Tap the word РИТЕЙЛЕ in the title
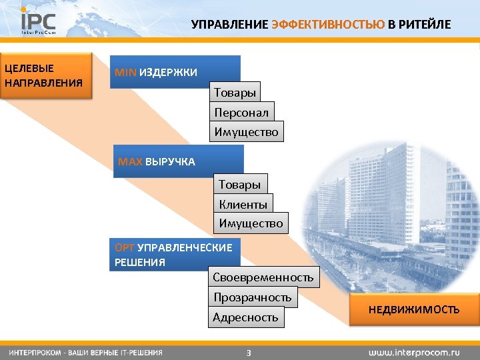[x=425, y=25]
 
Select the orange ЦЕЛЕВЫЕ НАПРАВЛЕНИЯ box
[x=47, y=75]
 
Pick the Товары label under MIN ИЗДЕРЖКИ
[x=235, y=92]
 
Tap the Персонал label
[x=241, y=112]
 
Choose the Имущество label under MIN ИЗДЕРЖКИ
[x=247, y=132]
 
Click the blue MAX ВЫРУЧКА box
[x=178, y=161]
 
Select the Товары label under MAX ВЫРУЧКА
[x=239, y=184]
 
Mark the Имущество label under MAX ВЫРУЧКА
[x=251, y=223]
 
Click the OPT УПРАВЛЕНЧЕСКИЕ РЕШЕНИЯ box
[x=175, y=255]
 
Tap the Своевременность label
[x=263, y=277]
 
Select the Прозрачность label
[x=252, y=297]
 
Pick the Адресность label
[x=245, y=317]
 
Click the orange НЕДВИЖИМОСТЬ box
[x=413, y=309]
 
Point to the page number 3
[x=248, y=352]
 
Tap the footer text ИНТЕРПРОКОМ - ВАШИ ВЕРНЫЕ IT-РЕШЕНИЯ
[x=85, y=351]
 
